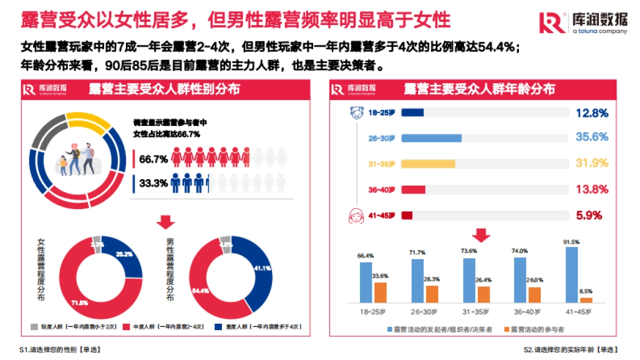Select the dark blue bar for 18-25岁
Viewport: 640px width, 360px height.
(x=412, y=113)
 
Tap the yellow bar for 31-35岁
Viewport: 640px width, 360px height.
(x=428, y=164)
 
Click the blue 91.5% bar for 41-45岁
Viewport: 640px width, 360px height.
(x=571, y=275)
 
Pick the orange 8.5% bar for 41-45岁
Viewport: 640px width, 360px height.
(x=586, y=300)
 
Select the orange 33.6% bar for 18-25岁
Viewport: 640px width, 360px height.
(x=380, y=292)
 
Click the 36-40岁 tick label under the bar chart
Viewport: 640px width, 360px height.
(x=527, y=311)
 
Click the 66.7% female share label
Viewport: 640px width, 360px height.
(x=154, y=159)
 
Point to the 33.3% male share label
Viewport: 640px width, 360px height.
(x=154, y=183)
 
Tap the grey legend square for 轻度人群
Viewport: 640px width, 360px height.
(x=34, y=326)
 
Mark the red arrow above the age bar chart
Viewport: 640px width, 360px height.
(x=483, y=235)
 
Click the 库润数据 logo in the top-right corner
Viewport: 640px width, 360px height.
(x=582, y=22)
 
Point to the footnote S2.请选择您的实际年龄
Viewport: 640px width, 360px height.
(x=571, y=350)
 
